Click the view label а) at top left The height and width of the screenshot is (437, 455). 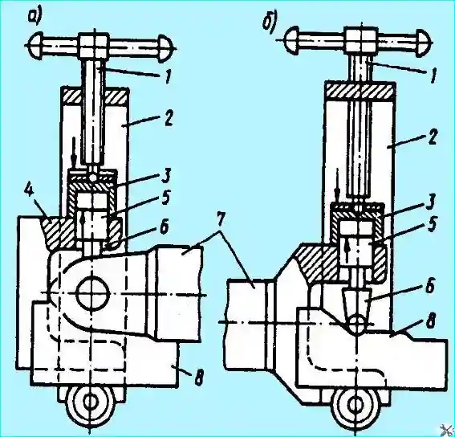[35, 17]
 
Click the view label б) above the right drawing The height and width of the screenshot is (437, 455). [270, 22]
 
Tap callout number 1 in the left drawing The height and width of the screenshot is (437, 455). [168, 76]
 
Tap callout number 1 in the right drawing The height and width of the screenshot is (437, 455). [433, 76]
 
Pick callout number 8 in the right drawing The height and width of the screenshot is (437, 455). [431, 321]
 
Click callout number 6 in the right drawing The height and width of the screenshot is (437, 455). [430, 286]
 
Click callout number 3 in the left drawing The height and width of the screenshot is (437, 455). [165, 177]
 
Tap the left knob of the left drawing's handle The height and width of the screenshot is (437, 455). [36, 45]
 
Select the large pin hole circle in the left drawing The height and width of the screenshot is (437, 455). [93, 294]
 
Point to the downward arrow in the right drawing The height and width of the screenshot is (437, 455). [338, 186]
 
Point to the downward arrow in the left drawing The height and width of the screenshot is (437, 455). [75, 154]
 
